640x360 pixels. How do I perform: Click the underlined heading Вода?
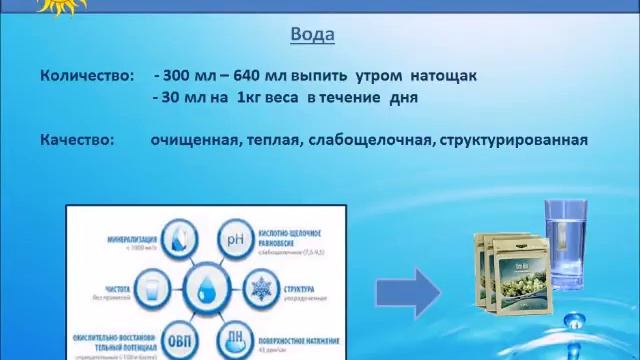[x=312, y=35]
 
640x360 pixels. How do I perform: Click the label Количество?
[x=85, y=76]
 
